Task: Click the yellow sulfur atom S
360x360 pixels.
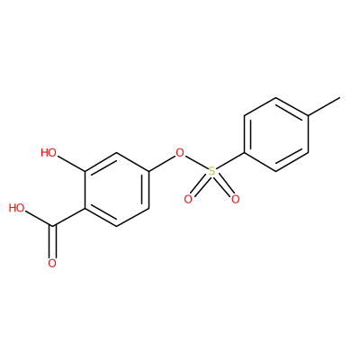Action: (212, 171)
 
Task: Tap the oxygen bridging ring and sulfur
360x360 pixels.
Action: (180, 153)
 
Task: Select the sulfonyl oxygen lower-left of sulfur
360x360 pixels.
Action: (188, 199)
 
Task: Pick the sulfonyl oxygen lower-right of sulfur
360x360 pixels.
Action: (236, 199)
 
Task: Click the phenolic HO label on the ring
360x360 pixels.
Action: (49, 153)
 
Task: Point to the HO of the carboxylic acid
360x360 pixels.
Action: (16, 208)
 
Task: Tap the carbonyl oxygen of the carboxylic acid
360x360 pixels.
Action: (52, 264)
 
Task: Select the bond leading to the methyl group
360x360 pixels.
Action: (324, 106)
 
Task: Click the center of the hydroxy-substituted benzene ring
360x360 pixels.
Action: (117, 190)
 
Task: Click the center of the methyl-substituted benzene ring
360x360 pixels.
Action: (276, 134)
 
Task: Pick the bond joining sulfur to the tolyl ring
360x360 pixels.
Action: (230, 161)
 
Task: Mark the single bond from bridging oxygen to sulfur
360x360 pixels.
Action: (196, 162)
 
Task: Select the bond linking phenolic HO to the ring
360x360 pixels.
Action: (71, 164)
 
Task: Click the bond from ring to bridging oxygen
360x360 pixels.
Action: (162, 164)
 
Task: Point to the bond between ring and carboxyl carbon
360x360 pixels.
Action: (68, 217)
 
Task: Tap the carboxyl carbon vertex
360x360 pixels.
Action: (52, 227)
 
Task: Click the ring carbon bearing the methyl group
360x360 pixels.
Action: (309, 116)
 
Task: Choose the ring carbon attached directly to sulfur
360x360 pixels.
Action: (244, 153)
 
